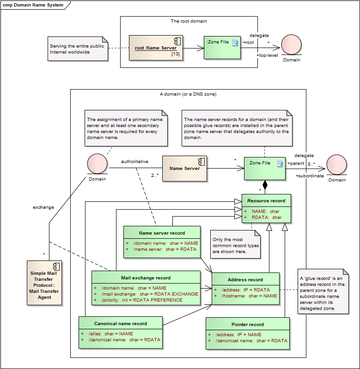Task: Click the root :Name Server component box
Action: pos(156,48)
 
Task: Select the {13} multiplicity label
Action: pos(175,54)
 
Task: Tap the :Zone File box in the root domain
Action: pos(222,48)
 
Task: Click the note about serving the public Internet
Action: pos(78,49)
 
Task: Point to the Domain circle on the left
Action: pos(97,164)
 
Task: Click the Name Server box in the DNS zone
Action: pos(184,168)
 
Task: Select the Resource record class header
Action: pos(266,201)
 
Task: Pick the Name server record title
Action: pos(162,233)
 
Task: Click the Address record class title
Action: pos(245,279)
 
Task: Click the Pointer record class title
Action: pos(248,324)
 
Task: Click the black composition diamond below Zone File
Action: pos(265,184)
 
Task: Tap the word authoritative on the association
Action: pos(134,162)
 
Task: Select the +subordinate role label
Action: pos(310,175)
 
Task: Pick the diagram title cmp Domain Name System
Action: pos(33,5)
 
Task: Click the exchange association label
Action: pos(43,207)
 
